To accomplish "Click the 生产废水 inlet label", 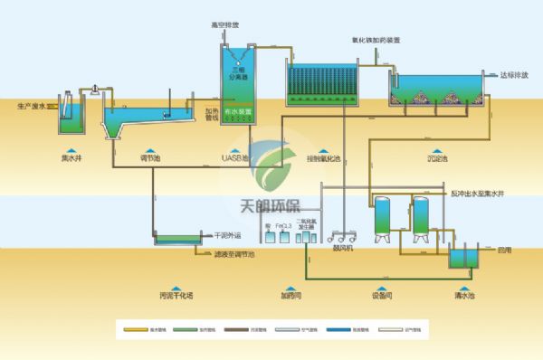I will pos(31,107).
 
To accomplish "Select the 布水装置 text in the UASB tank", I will pos(239,111).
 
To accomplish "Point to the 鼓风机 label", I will pos(342,243).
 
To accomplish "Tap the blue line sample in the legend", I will pos(352,332).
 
